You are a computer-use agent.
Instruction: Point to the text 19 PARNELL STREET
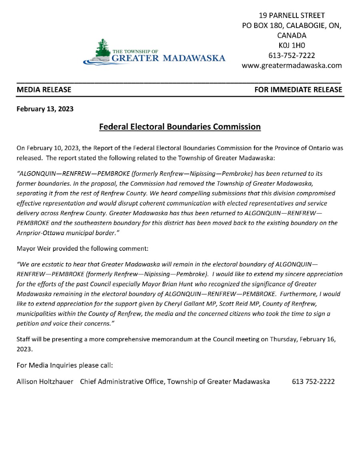[x=292, y=16]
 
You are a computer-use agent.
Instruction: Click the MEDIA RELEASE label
[x=44, y=90]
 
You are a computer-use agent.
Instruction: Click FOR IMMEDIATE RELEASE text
[x=298, y=90]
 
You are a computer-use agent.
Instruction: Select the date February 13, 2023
[x=45, y=109]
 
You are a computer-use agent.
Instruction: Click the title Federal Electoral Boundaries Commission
[x=180, y=127]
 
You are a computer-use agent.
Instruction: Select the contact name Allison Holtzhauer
[x=45, y=382]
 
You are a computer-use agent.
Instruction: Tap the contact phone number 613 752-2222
[x=313, y=382]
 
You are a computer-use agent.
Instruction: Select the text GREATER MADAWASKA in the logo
[x=168, y=58]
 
